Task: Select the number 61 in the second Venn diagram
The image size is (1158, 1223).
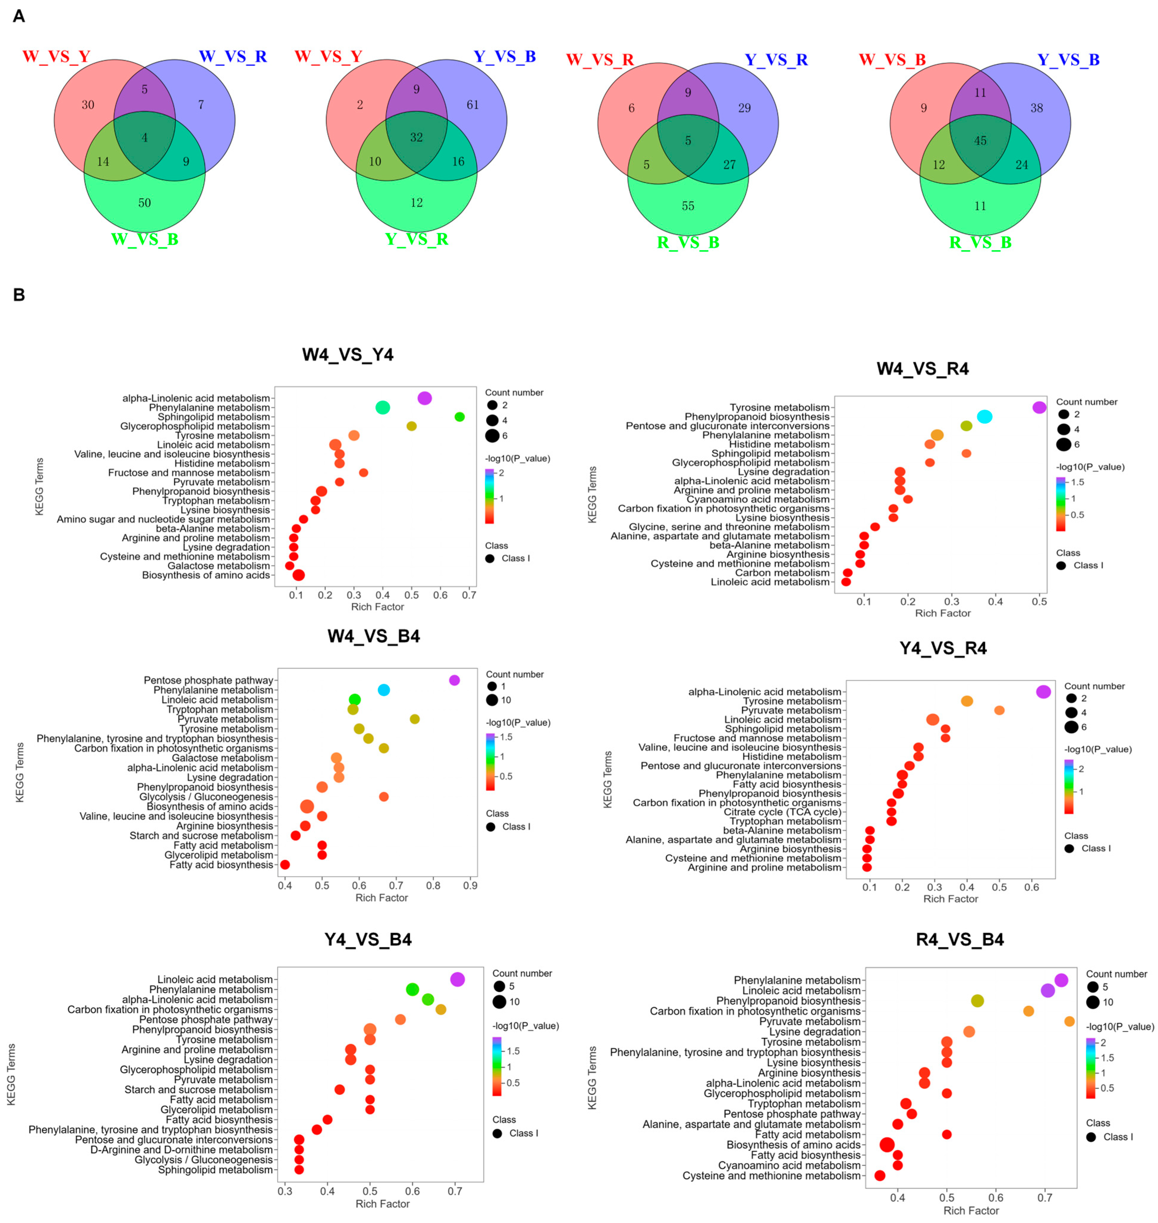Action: [472, 105]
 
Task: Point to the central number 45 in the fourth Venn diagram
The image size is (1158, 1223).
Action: [980, 141]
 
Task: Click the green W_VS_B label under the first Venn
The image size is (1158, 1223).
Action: [144, 239]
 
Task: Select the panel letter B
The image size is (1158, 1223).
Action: [19, 295]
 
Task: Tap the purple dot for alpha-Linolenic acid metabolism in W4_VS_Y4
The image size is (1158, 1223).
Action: [425, 398]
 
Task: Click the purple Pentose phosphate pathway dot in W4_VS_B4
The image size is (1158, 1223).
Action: [454, 680]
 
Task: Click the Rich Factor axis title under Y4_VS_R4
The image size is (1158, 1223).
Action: [950, 899]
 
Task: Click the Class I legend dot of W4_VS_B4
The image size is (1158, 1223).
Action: [491, 827]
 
